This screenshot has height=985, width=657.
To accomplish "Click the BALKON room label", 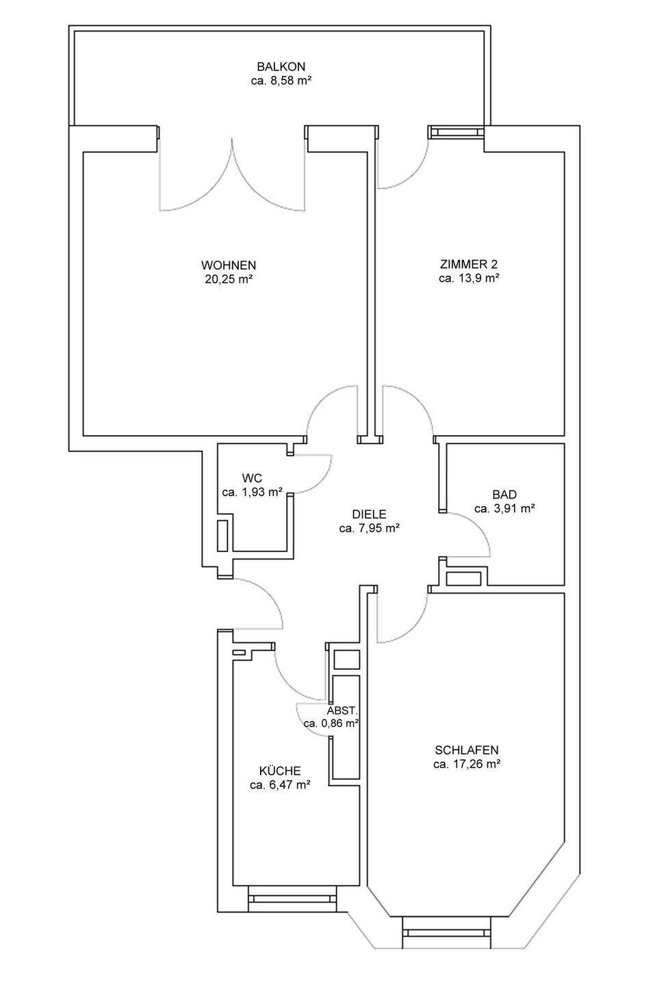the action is coord(281,67).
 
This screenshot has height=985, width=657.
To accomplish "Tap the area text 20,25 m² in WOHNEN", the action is coord(229,279).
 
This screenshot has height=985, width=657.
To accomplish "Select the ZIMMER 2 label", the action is coord(469,264).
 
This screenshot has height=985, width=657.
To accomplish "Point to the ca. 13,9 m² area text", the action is coord(469,278).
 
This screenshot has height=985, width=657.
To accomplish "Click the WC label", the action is coord(251,478).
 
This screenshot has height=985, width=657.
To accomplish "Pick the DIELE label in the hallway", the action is coord(369,514).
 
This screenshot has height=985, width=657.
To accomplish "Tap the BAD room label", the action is coord(505,495).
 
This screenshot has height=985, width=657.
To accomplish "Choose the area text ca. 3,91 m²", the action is coord(505,509).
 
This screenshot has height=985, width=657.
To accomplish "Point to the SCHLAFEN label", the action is coord(467,750).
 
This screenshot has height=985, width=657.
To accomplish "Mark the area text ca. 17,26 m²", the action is coord(467,764).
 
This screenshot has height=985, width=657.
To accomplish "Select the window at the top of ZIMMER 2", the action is coord(456,132).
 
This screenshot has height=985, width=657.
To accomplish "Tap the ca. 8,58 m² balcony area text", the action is coord(281,81).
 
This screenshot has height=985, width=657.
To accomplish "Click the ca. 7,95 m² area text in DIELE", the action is coord(369,528).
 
